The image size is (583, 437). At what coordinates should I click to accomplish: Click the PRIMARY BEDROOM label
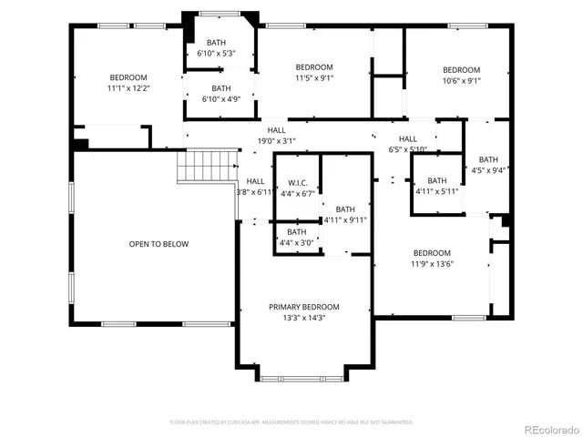(x=303, y=307)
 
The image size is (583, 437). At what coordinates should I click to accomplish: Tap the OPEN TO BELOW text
(x=159, y=244)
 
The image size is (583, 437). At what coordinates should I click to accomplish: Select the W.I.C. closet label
(x=297, y=181)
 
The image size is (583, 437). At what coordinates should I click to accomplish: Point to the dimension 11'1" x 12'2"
(x=128, y=89)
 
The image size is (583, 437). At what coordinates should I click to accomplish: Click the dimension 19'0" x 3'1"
(x=276, y=141)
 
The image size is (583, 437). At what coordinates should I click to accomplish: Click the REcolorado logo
(x=548, y=428)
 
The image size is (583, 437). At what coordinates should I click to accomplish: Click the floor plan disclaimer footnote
(x=291, y=422)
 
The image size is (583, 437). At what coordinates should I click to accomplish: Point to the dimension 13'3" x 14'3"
(x=303, y=318)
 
